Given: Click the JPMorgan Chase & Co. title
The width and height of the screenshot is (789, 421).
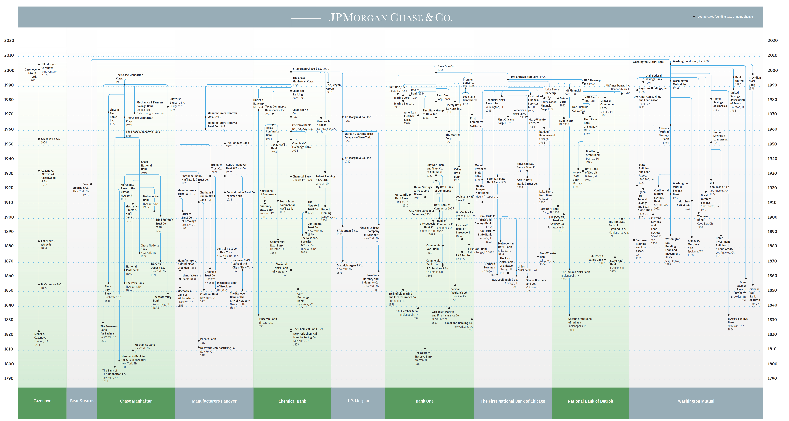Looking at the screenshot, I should (391, 17).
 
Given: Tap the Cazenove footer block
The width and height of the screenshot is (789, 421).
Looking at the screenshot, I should (42, 401).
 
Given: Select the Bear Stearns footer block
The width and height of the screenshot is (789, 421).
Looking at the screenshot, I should (82, 401).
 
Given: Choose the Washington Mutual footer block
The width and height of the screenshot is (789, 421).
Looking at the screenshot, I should (696, 401).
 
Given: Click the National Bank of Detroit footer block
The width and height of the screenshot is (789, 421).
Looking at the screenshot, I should (591, 401).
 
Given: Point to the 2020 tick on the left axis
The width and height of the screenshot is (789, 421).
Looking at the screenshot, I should (9, 40).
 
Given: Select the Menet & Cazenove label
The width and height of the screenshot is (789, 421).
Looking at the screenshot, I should (40, 336).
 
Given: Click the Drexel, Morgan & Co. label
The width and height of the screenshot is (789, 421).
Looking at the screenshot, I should (349, 266).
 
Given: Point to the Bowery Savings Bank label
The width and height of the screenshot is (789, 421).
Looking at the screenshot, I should (737, 321).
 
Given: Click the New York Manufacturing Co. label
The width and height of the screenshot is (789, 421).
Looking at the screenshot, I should (217, 348).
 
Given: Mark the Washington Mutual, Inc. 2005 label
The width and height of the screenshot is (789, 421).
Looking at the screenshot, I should (691, 61).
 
